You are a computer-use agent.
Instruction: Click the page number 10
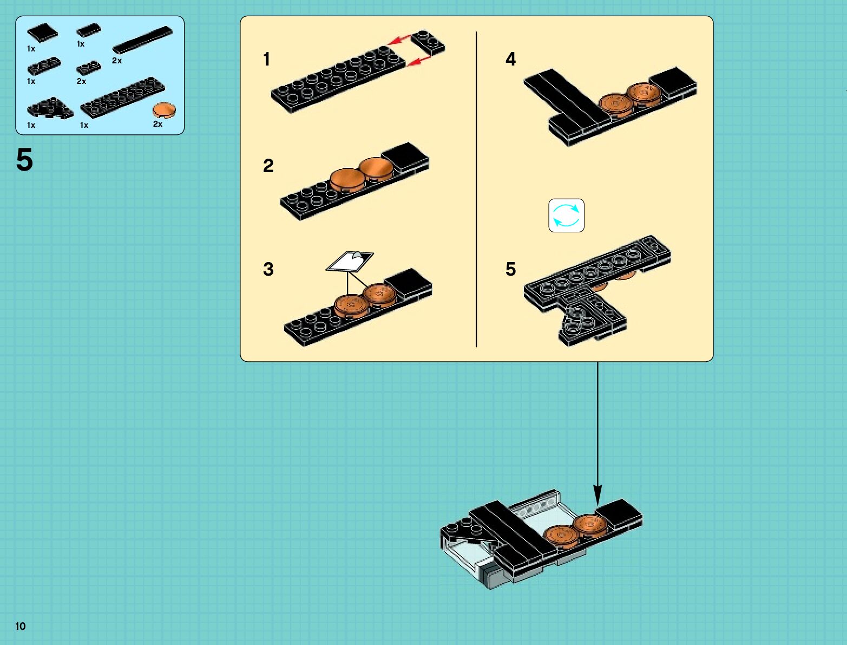pyautogui.click(x=20, y=626)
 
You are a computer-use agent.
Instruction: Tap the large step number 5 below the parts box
pyautogui.click(x=24, y=160)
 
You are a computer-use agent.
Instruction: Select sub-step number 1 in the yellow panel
pyautogui.click(x=266, y=59)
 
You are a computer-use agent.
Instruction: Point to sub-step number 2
pyautogui.click(x=268, y=166)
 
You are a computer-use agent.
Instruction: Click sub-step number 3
pyautogui.click(x=268, y=269)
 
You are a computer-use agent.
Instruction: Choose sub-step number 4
pyautogui.click(x=510, y=59)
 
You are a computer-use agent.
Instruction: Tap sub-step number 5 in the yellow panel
pyautogui.click(x=510, y=269)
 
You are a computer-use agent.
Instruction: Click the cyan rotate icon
pyautogui.click(x=566, y=216)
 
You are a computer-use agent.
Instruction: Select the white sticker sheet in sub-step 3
pyautogui.click(x=350, y=261)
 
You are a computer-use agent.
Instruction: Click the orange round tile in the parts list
pyautogui.click(x=163, y=110)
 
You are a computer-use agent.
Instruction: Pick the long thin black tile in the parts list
pyautogui.click(x=142, y=40)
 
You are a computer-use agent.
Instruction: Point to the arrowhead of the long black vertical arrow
pyautogui.click(x=598, y=496)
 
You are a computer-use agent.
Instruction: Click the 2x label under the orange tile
pyautogui.click(x=157, y=124)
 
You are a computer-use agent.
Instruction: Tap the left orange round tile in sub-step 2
pyautogui.click(x=346, y=179)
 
